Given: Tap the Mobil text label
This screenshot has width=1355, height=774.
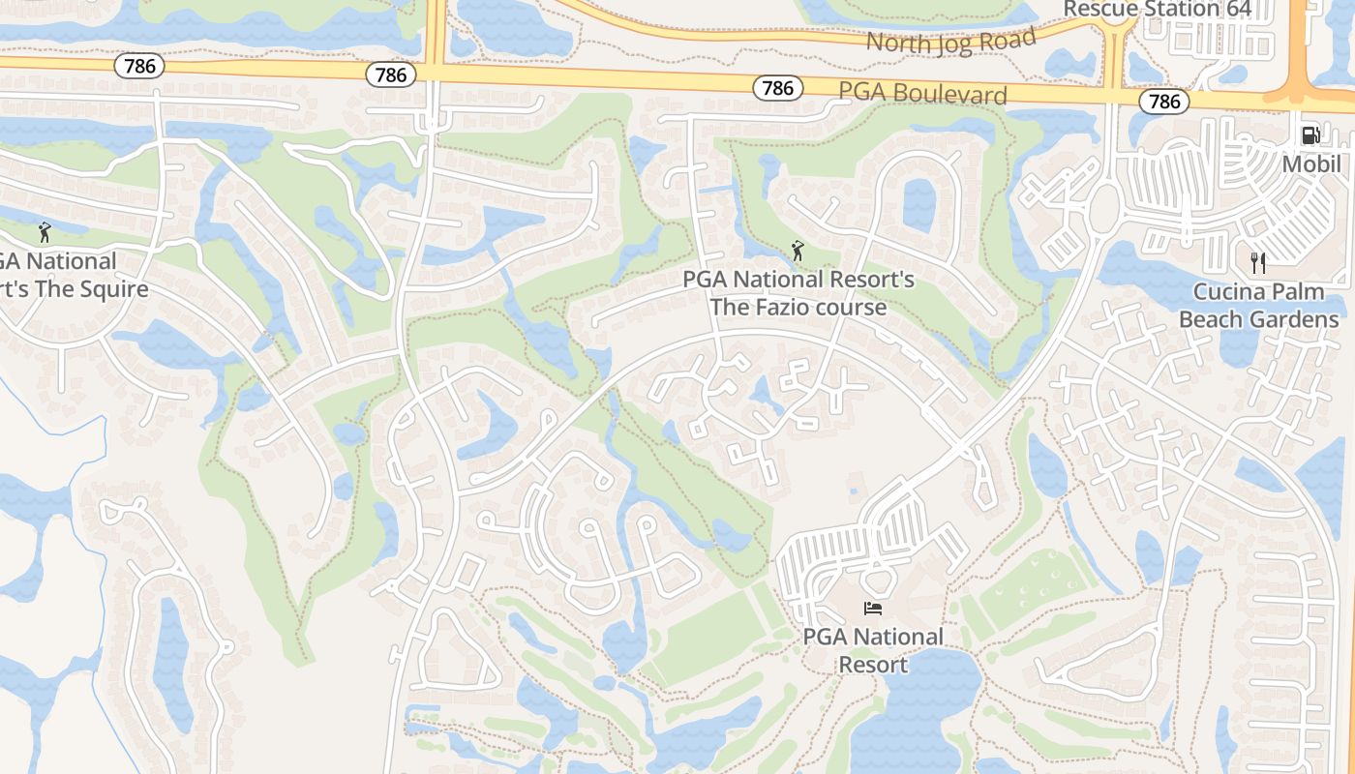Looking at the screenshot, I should [x=1311, y=164].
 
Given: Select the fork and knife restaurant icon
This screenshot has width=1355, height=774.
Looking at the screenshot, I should [x=1258, y=262].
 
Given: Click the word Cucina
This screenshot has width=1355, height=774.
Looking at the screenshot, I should [x=1229, y=291].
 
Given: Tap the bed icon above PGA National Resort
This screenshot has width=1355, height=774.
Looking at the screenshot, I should [x=873, y=609].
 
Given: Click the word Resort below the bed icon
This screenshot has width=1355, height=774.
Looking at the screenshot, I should [x=873, y=665].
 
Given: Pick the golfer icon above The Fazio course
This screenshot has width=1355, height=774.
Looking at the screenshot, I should [x=798, y=252].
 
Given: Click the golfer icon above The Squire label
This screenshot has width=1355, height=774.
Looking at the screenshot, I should [x=44, y=232].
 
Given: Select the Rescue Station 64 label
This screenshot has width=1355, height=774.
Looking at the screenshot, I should [x=1158, y=10].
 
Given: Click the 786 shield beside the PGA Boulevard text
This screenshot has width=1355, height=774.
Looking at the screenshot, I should [x=777, y=88].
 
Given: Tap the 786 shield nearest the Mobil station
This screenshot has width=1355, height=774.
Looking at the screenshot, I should [x=1164, y=101].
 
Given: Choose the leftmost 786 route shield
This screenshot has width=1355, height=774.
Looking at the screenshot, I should [x=139, y=66].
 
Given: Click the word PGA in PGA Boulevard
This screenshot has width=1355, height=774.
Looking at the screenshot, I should [x=858, y=92].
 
